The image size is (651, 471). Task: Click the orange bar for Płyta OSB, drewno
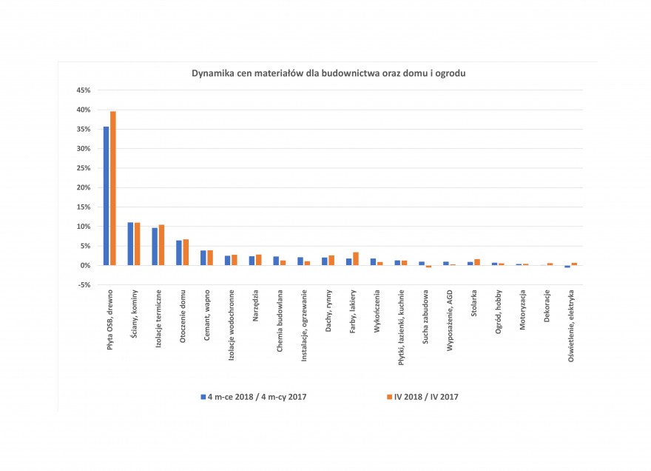113,188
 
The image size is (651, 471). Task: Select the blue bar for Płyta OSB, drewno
107,196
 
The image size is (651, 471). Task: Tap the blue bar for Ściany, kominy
131,244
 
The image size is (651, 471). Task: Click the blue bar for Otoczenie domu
179,253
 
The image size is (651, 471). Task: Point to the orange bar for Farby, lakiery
356,258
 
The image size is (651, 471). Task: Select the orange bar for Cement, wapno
210,258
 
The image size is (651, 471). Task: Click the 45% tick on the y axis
83,90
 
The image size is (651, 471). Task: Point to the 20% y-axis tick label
83,187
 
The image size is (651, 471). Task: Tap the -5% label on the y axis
84,284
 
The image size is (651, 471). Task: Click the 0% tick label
85,265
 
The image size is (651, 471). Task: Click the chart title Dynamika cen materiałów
328,73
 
